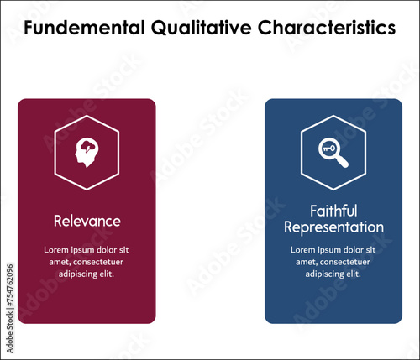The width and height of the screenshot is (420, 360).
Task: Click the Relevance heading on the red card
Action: (x=87, y=221)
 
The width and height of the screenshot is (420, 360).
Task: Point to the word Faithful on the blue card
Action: (x=333, y=211)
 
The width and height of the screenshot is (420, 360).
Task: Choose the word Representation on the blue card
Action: (x=333, y=227)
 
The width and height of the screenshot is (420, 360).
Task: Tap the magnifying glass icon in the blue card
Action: (x=333, y=152)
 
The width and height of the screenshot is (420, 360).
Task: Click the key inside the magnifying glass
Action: (x=329, y=149)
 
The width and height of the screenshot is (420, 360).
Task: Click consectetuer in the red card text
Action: (x=102, y=262)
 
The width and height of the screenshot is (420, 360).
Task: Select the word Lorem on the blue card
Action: (x=304, y=250)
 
